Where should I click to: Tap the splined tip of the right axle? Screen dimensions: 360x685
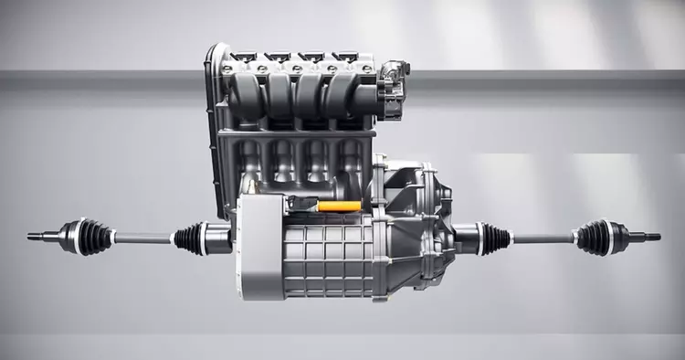tap(651, 237)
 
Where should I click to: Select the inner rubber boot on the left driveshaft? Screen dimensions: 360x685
tap(190, 238)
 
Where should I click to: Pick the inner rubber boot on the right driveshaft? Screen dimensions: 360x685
tap(494, 239)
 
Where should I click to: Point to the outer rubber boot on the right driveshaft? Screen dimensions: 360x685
tap(594, 238)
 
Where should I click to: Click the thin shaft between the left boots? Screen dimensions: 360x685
tap(142, 238)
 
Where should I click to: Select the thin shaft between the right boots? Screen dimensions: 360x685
tap(543, 239)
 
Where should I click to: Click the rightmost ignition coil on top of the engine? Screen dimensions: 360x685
tap(344, 58)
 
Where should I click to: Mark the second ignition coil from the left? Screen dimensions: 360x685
tap(277, 58)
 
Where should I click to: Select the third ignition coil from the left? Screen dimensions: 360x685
tap(311, 58)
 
